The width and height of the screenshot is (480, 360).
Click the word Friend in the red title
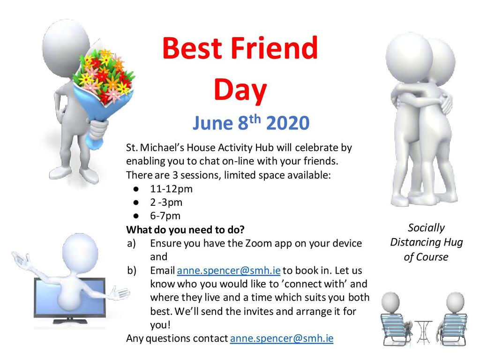click(274, 48)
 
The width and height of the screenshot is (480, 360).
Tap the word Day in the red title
click(240, 90)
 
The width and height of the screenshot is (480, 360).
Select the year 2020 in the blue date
click(288, 123)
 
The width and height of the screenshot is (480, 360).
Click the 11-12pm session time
click(171, 189)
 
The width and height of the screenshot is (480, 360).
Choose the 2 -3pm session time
click(166, 202)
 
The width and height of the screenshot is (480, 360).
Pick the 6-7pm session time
click(165, 216)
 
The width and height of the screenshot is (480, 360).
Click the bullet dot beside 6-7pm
click(136, 216)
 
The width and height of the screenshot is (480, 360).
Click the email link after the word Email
click(229, 270)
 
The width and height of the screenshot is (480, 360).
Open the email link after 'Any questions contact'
click(282, 338)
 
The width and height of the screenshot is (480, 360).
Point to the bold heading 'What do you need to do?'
click(186, 230)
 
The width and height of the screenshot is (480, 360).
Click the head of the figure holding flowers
click(66, 46)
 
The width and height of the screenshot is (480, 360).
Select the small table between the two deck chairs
click(424, 332)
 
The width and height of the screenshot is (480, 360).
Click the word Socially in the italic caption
click(426, 228)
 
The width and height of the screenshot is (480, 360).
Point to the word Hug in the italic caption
click(453, 242)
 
